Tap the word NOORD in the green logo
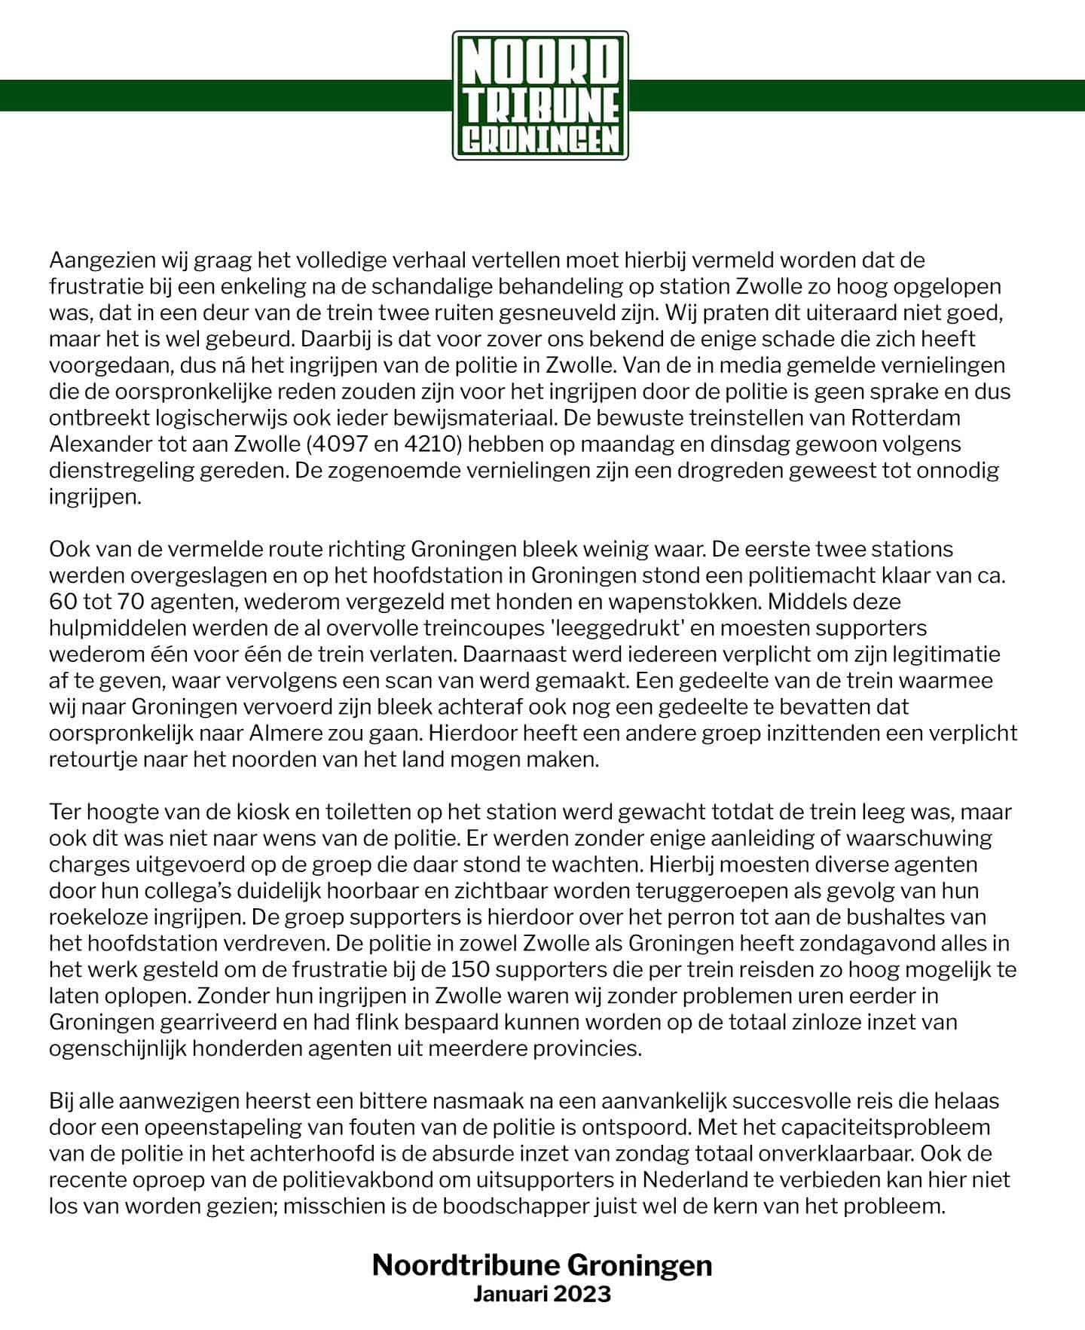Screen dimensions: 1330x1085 click(540, 66)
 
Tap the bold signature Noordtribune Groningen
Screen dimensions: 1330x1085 click(542, 1265)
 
